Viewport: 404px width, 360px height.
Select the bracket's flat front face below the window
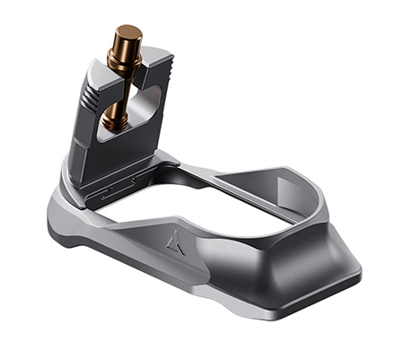coord(112,157)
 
